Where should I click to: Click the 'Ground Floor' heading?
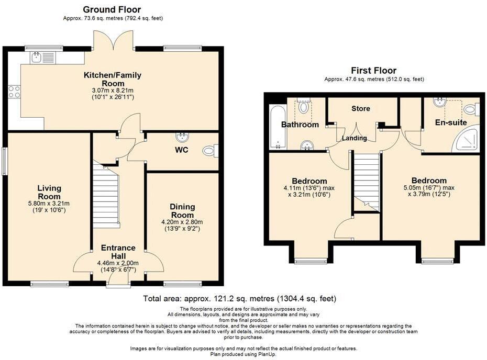[x=112, y=9]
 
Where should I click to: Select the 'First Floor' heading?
[x=374, y=71]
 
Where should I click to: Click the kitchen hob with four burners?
[x=14, y=92]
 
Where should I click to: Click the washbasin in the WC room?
[x=183, y=137]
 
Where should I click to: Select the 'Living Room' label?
[x=49, y=192]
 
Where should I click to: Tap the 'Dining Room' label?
[x=182, y=211]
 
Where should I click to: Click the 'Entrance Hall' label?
[x=118, y=252]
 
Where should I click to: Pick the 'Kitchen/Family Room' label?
[x=113, y=79]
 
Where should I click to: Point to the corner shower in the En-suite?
[x=468, y=139]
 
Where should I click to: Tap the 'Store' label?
[x=360, y=109]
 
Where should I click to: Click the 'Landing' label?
[x=355, y=138]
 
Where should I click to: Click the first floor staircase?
[x=366, y=181]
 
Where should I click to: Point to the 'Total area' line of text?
[x=239, y=299]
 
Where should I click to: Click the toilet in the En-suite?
[x=471, y=109]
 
